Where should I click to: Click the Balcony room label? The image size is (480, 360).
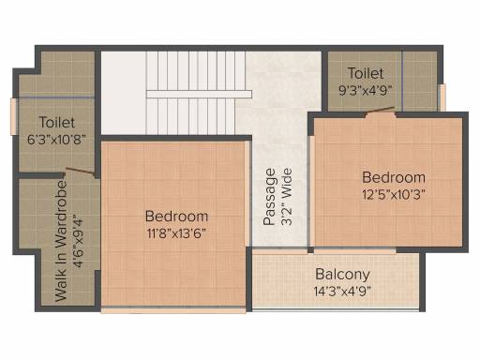tap(342, 275)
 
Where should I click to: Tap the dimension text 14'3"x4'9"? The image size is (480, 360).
tap(342, 292)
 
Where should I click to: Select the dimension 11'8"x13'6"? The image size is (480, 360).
tap(176, 233)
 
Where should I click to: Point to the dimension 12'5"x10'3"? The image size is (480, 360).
tap(394, 195)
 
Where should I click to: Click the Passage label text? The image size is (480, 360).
tap(270, 197)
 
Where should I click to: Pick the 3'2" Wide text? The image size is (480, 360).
tap(286, 197)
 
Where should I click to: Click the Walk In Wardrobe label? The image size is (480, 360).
tap(61, 241)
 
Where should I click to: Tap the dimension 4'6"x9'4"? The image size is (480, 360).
tap(78, 241)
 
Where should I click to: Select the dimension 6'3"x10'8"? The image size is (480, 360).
tap(56, 140)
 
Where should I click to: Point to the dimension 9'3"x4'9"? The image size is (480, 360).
tap(366, 91)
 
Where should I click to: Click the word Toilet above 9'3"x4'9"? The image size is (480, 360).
tap(366, 73)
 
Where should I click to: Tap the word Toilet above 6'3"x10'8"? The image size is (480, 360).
tap(57, 122)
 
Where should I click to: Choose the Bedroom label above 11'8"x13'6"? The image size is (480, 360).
tap(176, 217)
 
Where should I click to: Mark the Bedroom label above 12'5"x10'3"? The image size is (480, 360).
tap(394, 177)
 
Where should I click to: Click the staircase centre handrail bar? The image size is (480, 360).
tap(199, 94)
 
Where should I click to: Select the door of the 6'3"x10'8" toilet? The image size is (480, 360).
tap(81, 171)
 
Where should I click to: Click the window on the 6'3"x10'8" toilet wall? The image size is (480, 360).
tap(14, 116)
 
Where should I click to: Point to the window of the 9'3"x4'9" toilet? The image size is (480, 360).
tap(442, 97)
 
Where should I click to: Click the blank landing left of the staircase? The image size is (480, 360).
tap(124, 93)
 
